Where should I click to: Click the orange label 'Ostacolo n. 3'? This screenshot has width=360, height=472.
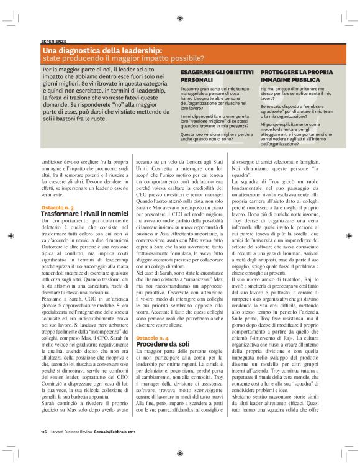[x=58, y=207]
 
